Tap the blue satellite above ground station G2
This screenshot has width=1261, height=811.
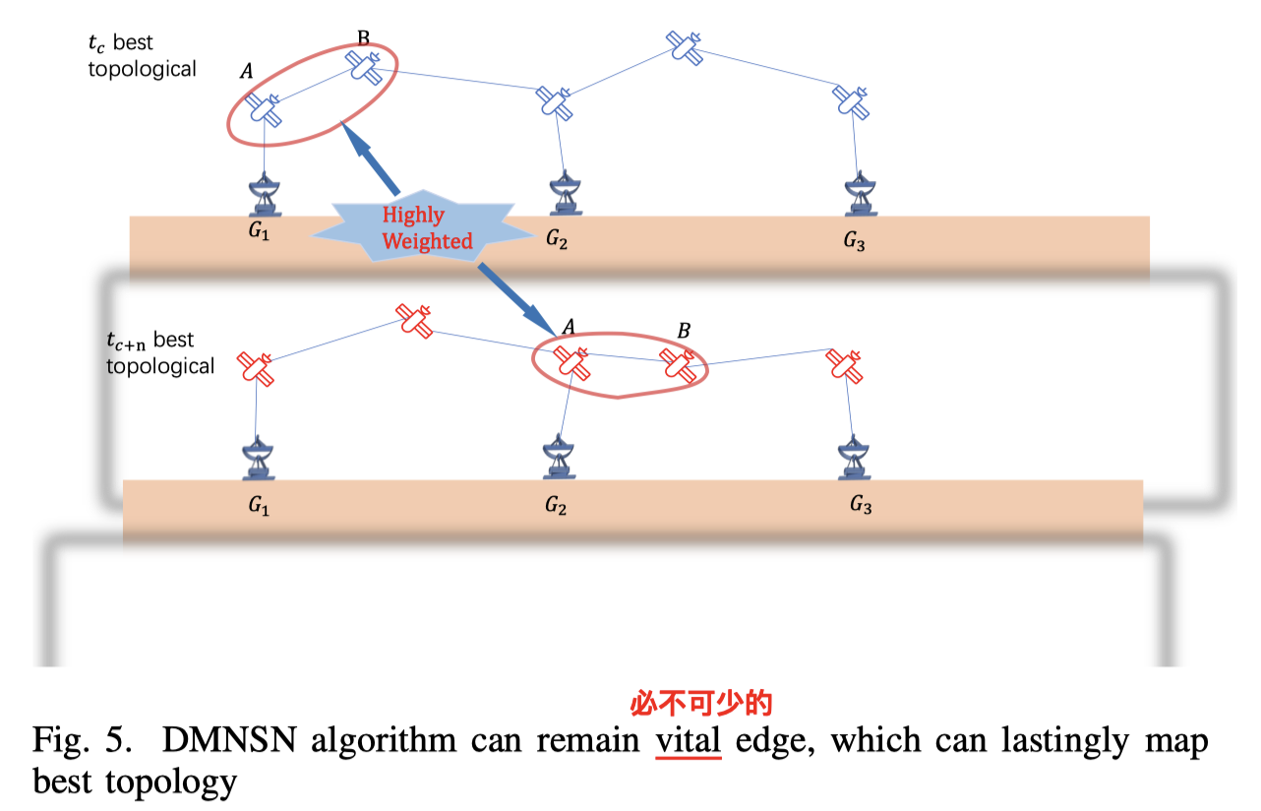[x=553, y=100]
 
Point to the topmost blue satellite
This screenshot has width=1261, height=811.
[x=686, y=45]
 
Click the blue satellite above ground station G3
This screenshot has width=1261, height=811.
[x=850, y=100]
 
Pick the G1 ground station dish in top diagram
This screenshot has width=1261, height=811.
[x=264, y=195]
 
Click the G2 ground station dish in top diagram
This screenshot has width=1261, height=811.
[x=563, y=195]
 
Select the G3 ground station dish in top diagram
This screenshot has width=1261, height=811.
[x=861, y=195]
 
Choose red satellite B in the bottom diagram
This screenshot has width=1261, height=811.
[x=678, y=365]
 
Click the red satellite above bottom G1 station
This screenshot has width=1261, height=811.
[x=257, y=367]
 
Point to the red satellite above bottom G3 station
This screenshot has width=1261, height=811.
[x=843, y=365]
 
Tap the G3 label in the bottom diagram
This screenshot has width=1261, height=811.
[x=861, y=506]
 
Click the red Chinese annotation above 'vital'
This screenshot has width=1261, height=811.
[x=701, y=703]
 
